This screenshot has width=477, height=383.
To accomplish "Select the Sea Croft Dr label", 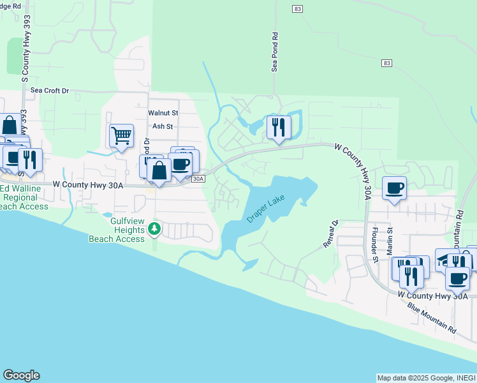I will (x=49, y=91).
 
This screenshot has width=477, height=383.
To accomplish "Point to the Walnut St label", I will (x=163, y=112).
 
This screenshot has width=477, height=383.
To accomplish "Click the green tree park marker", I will (x=154, y=228).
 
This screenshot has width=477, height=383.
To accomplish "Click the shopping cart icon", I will (x=121, y=136).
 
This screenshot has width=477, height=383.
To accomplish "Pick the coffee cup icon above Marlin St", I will (x=395, y=188).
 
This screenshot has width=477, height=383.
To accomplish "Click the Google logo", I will (x=21, y=375).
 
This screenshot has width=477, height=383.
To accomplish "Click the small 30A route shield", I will (x=198, y=179).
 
